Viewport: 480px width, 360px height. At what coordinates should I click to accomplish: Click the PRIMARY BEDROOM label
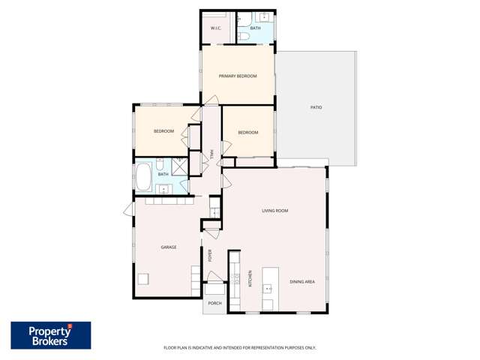(x=238, y=76)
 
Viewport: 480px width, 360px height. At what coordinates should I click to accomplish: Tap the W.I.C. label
(x=215, y=28)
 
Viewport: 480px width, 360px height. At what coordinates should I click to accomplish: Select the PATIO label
(x=316, y=108)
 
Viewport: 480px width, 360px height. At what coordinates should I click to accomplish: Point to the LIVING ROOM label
(x=274, y=211)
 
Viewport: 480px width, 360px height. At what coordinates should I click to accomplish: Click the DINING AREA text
(x=301, y=281)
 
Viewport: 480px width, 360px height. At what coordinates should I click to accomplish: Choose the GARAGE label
(x=169, y=247)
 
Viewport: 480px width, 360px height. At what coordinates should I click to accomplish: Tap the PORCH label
(x=214, y=303)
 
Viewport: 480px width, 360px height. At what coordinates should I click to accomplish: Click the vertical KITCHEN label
(x=250, y=279)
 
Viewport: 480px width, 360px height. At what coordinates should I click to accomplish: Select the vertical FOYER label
(x=211, y=256)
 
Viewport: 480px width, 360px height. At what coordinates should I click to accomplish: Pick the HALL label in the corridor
(x=212, y=154)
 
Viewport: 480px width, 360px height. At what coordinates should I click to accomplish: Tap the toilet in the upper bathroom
(x=243, y=35)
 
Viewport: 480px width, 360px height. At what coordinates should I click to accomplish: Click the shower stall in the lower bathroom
(x=180, y=166)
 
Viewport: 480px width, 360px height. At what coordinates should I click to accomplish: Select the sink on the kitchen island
(x=269, y=287)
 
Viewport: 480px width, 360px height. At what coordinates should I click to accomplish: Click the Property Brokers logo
(x=50, y=335)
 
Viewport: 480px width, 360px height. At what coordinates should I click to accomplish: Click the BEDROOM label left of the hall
(x=163, y=131)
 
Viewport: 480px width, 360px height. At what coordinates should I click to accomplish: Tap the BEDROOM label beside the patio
(x=247, y=133)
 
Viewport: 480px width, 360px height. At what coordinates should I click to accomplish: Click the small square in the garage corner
(x=143, y=280)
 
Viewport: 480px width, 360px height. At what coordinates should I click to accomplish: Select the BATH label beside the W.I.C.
(x=255, y=28)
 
